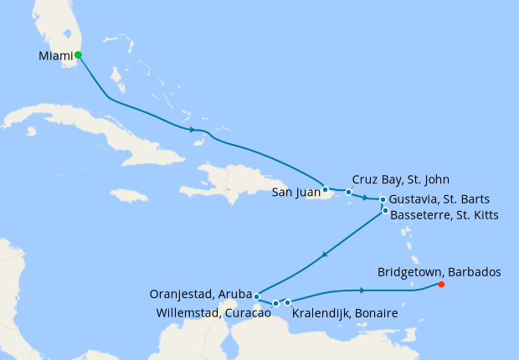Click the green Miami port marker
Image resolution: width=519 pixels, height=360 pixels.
(x=78, y=55)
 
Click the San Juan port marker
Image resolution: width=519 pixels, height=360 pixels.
(x=325, y=189)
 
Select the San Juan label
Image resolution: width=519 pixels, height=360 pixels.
(x=295, y=193)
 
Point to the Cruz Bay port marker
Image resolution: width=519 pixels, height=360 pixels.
(x=349, y=192)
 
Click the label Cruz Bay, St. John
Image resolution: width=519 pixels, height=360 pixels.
(x=401, y=179)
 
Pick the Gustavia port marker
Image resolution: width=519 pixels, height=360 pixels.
(x=383, y=199)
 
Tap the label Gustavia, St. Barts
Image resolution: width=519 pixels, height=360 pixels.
(x=439, y=199)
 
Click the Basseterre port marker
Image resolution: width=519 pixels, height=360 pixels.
(x=385, y=211)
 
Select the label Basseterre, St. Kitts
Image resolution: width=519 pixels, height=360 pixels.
(x=444, y=216)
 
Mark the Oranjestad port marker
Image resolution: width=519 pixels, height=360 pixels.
(x=256, y=296)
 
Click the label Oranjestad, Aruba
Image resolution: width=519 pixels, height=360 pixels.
(x=200, y=294)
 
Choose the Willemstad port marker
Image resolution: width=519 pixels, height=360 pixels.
(x=275, y=303)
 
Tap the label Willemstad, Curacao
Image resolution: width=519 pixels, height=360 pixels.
(x=213, y=313)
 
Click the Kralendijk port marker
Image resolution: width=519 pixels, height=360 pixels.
(x=287, y=302)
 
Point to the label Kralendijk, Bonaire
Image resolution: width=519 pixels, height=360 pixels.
(x=344, y=313)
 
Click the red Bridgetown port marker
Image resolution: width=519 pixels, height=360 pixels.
(x=441, y=285)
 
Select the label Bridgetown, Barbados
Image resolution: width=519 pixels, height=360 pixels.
(x=439, y=272)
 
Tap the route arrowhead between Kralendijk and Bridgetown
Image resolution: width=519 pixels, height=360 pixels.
(x=362, y=290)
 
